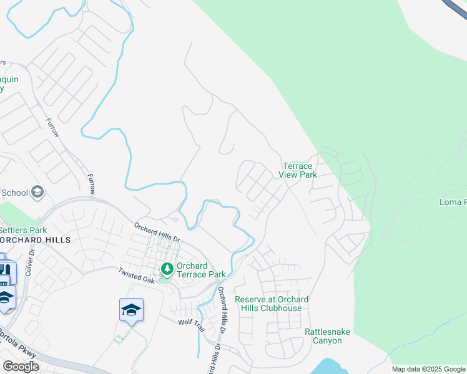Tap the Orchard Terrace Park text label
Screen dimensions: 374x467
200,270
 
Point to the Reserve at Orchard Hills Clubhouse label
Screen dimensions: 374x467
272,304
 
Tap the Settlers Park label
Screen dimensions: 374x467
22,230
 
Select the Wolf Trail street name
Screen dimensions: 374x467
191,322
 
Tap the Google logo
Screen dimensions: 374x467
21,366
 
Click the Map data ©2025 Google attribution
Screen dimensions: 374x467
428,369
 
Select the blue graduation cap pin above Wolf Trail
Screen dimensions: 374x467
132,310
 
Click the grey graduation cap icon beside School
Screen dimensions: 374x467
37,192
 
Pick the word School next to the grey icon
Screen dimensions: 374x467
14,193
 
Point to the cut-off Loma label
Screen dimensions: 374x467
453,203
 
